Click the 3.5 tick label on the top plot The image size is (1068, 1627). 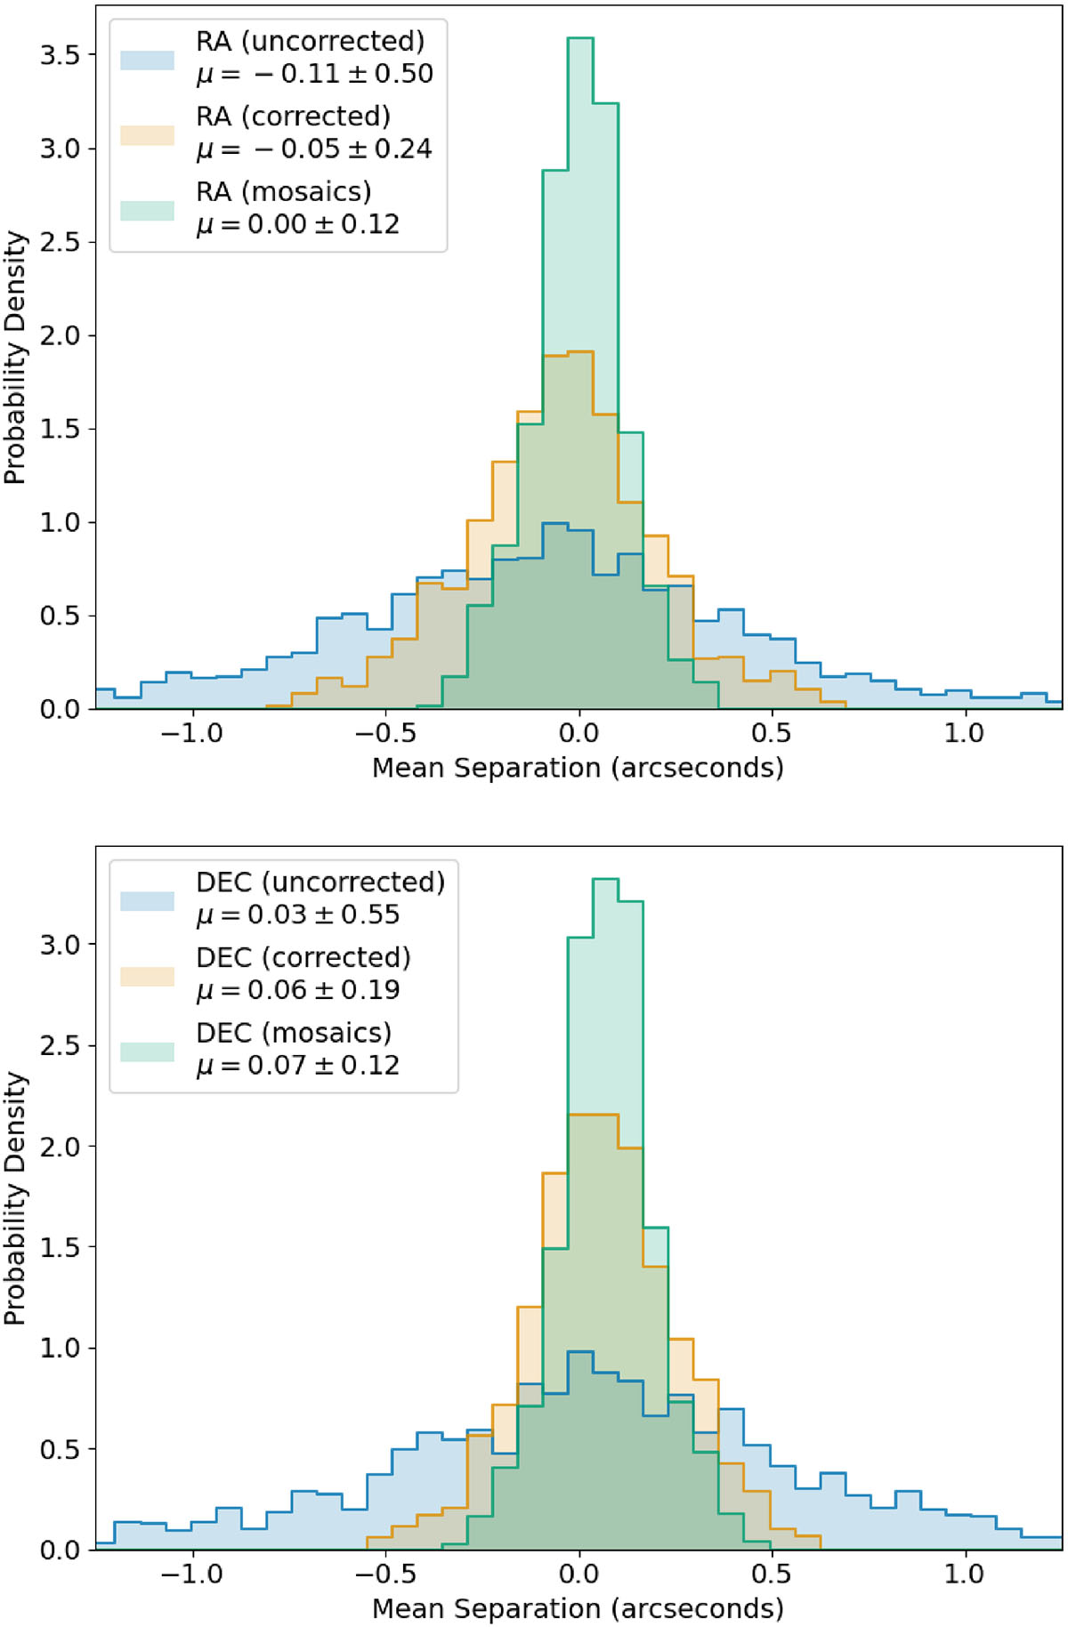(x=60, y=55)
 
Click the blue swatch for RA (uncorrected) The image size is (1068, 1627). (x=147, y=60)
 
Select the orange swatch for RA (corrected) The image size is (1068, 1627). (x=147, y=135)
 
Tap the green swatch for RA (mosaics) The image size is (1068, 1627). (x=147, y=210)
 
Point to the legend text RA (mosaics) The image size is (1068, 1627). (x=284, y=191)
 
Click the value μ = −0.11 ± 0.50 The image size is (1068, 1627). (x=314, y=74)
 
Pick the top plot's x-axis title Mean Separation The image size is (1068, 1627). (x=578, y=767)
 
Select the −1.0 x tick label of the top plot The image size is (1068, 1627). (x=191, y=734)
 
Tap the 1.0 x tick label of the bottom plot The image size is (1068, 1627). (x=964, y=1575)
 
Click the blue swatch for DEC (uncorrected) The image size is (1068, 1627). (x=147, y=900)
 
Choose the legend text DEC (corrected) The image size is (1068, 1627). (x=303, y=957)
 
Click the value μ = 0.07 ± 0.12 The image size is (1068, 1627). (x=297, y=1065)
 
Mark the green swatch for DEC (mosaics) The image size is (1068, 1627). (x=147, y=1051)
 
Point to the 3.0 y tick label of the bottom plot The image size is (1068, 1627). (x=60, y=944)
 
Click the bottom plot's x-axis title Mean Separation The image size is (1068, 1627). (x=578, y=1607)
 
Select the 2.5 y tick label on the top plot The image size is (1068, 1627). (x=60, y=242)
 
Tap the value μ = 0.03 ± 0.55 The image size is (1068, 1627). (x=297, y=914)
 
